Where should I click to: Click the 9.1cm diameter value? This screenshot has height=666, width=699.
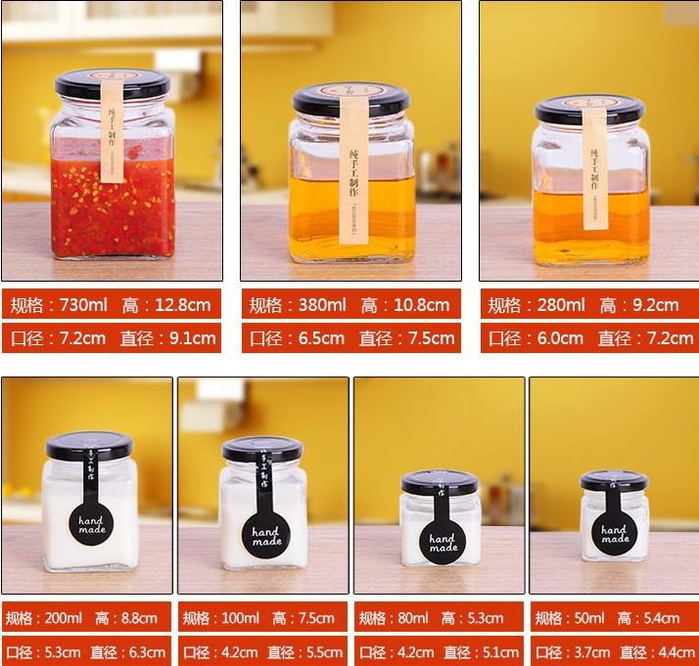click(x=189, y=338)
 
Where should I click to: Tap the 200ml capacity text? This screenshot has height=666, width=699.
click(x=65, y=618)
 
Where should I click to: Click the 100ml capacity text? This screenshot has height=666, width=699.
click(x=239, y=618)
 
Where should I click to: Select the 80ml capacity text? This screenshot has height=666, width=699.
click(x=411, y=618)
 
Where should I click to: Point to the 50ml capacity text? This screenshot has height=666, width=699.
click(x=587, y=618)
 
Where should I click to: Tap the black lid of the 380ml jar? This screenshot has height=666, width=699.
click(x=350, y=98)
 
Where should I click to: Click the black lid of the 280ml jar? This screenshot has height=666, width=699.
click(x=589, y=109)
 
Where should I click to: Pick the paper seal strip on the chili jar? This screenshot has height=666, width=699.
click(x=113, y=132)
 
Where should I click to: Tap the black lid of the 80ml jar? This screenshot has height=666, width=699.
click(x=440, y=482)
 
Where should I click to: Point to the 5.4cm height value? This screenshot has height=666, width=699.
click(x=662, y=618)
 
